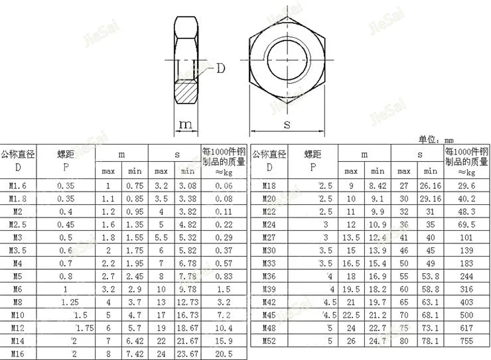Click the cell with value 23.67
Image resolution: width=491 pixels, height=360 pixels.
188,353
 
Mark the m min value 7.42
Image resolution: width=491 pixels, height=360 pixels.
135,353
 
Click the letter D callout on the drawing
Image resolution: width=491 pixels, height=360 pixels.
221,68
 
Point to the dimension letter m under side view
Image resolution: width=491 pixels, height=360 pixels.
186,124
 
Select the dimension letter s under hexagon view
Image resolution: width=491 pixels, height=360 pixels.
287,123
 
